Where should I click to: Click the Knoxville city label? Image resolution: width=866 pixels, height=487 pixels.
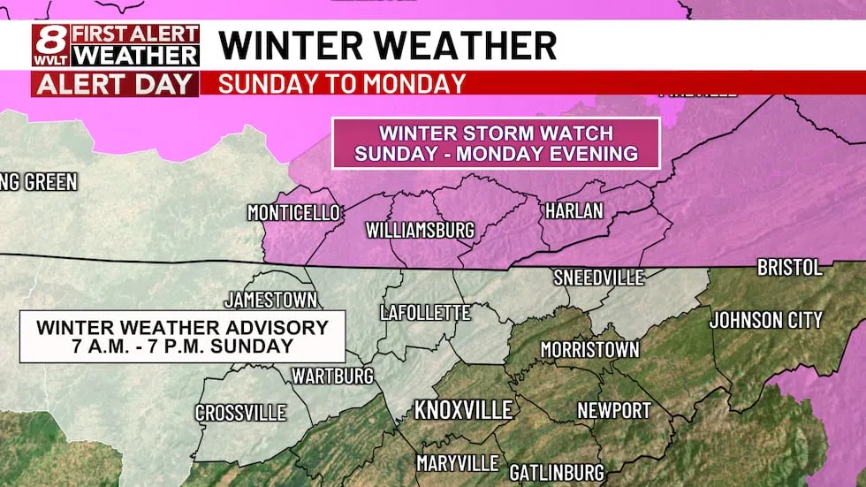[x=464, y=410]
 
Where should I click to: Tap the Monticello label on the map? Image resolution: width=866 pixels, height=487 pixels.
[x=293, y=213]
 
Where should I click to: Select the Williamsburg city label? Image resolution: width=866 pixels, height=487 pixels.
[x=420, y=231]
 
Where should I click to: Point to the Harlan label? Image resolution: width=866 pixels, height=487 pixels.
[x=574, y=211]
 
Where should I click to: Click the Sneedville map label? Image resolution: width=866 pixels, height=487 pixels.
[x=598, y=278]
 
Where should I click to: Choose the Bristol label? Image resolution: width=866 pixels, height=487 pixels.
[x=789, y=267]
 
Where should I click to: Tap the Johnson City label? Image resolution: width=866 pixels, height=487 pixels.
[x=765, y=319]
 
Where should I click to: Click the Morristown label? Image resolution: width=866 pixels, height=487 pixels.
[x=589, y=350]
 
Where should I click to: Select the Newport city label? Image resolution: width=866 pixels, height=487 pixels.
[x=613, y=410]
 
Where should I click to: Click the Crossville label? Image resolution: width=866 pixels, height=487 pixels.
[x=240, y=413]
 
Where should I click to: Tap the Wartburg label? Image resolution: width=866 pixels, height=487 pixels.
[x=333, y=377]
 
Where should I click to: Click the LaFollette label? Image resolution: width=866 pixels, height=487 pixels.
[x=424, y=312]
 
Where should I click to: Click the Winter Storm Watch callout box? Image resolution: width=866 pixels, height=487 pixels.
[x=496, y=143]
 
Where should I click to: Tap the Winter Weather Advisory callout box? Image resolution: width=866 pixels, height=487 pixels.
[x=182, y=337]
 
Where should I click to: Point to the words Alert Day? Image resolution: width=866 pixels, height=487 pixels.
[x=115, y=85]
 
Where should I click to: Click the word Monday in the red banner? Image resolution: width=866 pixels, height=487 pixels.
[x=415, y=84]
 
